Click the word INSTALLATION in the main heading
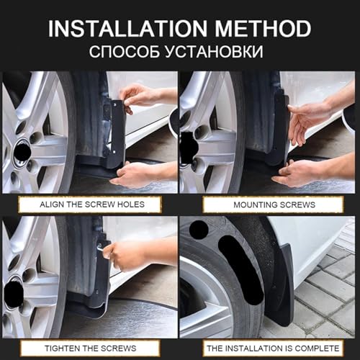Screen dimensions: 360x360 (127, 29)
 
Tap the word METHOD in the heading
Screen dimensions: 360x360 (263, 29)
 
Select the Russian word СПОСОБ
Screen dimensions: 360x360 (125, 51)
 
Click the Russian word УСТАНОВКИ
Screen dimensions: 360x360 (215, 51)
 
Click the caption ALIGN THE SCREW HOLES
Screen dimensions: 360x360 (92, 204)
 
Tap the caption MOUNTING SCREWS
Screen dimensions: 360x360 (274, 204)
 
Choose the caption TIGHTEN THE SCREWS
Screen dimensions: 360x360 (91, 348)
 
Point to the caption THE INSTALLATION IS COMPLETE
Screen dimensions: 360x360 (273, 348)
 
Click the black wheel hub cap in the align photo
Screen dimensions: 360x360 (22, 151)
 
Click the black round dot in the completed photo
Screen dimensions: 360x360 (199, 230)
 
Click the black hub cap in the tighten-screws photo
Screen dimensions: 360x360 (14, 294)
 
